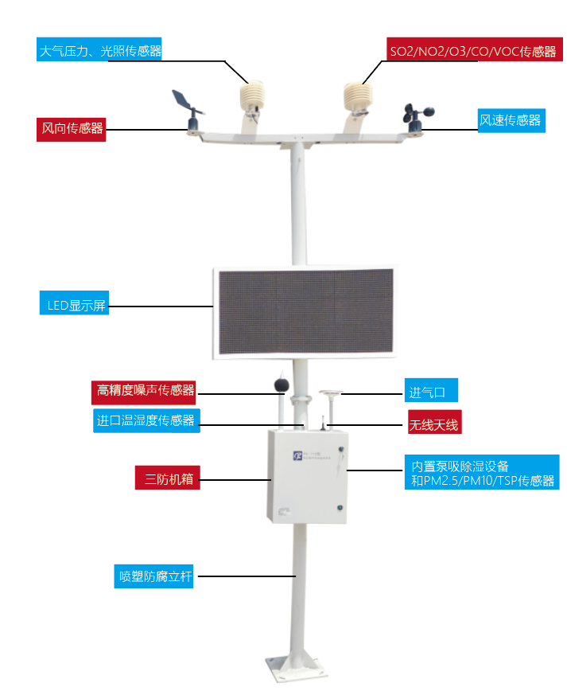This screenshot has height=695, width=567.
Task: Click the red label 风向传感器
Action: (x=71, y=129)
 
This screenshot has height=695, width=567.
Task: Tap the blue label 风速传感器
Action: (x=511, y=120)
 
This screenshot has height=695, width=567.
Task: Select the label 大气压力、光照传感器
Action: (x=99, y=49)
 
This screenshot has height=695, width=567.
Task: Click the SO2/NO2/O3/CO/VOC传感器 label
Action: (x=475, y=49)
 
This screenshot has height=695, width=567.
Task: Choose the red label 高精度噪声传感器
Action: (x=143, y=392)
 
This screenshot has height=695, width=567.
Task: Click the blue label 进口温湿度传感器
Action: (x=146, y=420)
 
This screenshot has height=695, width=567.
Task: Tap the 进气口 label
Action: (x=431, y=390)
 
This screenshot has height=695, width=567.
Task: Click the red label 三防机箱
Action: (x=167, y=478)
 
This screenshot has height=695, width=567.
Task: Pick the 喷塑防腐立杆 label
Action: (x=153, y=576)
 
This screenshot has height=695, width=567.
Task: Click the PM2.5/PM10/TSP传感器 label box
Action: (x=482, y=472)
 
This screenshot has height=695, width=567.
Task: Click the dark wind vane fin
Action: (x=181, y=99)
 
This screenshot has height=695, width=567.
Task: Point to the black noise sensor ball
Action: (x=282, y=385)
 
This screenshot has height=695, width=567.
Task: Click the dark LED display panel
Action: (x=306, y=311)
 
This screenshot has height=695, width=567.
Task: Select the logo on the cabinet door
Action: (x=297, y=455)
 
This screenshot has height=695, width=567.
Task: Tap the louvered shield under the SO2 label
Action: (x=358, y=96)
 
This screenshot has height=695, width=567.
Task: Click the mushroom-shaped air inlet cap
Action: (x=331, y=392)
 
